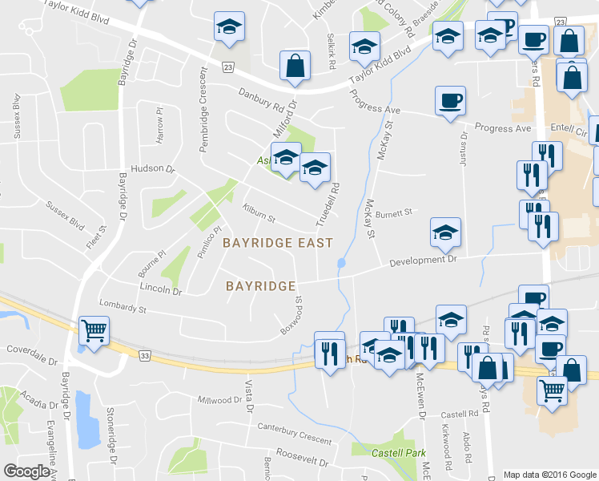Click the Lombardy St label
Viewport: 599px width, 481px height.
(x=122, y=305)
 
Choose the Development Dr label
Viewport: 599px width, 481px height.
(x=423, y=260)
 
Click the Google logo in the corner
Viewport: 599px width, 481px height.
(x=27, y=471)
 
